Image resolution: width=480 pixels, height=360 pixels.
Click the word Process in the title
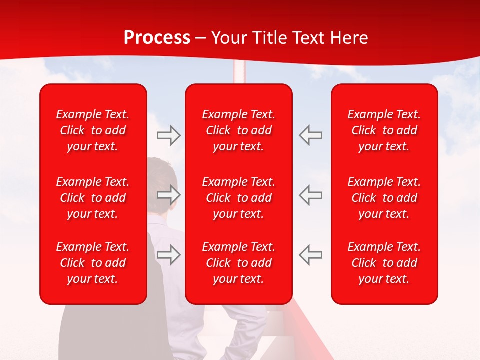[157, 38]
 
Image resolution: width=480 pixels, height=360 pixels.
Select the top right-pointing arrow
[169, 135]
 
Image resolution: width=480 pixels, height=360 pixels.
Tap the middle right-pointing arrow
[169, 195]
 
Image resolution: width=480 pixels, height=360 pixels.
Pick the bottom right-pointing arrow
[169, 254]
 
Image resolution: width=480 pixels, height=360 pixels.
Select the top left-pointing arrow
[310, 135]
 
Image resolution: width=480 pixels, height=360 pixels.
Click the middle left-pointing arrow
[310, 195]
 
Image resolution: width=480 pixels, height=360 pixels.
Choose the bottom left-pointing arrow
[310, 254]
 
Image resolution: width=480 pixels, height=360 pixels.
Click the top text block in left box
[93, 130]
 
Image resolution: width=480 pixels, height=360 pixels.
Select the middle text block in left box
[93, 198]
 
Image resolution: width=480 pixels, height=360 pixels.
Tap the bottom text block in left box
[93, 263]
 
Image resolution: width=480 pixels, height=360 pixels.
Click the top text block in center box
[239, 130]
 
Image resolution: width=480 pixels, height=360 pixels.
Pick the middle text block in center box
[239, 198]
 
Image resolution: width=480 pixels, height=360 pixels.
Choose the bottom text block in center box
[239, 263]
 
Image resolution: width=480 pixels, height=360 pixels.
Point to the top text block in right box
[384, 130]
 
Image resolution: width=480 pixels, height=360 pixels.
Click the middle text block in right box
[384, 198]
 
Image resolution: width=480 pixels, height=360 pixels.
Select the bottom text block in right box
[384, 263]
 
